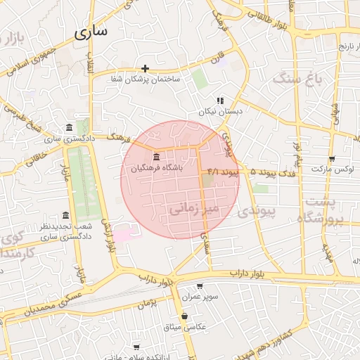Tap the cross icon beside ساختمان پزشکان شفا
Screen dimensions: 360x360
click(x=145, y=68)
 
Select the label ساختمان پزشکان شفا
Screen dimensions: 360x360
click(x=146, y=79)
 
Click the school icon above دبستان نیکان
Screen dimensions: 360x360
click(x=220, y=101)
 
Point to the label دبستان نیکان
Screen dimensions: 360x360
click(x=220, y=111)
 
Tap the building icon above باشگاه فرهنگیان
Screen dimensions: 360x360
click(x=155, y=156)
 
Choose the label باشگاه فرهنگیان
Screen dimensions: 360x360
click(x=155, y=169)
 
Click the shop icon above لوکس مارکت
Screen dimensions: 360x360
click(x=332, y=159)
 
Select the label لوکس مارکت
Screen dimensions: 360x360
click(x=332, y=169)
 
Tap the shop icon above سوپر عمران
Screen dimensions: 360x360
click(x=200, y=286)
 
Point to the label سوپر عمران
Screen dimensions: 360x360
click(x=200, y=297)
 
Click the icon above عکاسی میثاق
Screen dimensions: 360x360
click(x=184, y=316)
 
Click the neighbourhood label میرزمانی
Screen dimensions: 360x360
click(x=195, y=208)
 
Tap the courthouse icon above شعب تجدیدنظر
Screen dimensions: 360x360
click(x=65, y=214)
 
